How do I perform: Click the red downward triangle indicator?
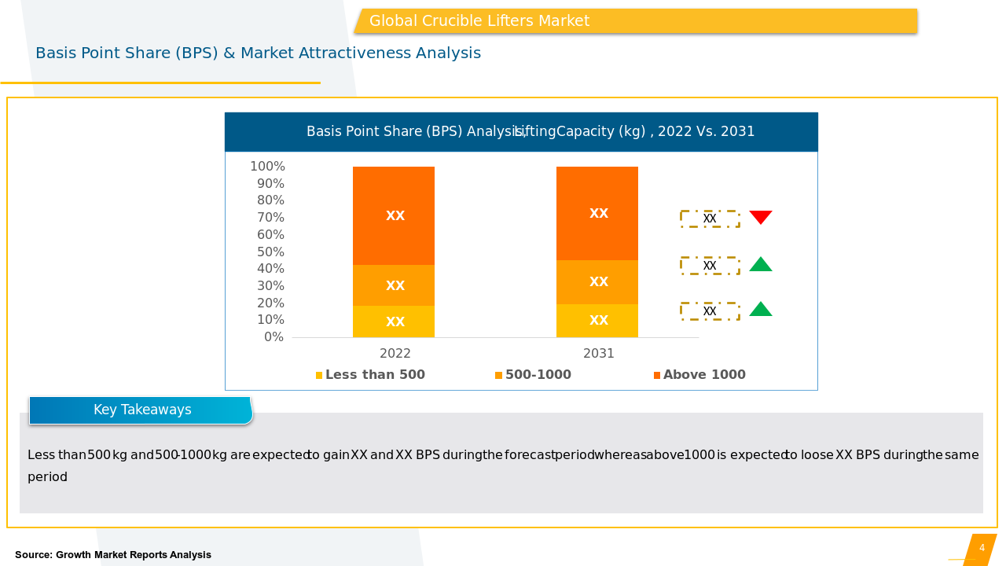pos(760,217)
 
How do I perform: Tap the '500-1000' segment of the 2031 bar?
pos(597,281)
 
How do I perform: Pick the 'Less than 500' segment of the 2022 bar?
pos(394,322)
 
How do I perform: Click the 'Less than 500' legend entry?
pos(370,375)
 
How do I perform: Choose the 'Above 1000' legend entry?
pos(699,375)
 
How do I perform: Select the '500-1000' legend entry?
pos(533,375)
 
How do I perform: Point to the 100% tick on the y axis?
pos(267,167)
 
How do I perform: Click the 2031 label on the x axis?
pos(599,354)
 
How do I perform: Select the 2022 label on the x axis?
pos(395,354)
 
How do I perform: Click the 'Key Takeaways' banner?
pos(141,410)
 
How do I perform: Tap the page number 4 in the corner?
pos(982,548)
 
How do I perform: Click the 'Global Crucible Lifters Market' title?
pos(479,21)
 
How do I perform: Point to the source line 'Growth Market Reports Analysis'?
pos(113,555)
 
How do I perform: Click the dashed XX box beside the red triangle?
pos(710,219)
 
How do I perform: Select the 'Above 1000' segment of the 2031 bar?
pos(597,213)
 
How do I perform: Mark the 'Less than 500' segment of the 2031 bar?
pos(597,321)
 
